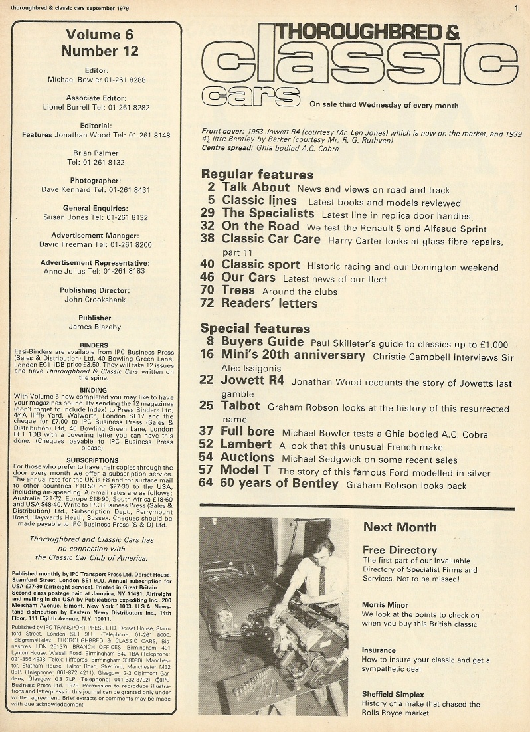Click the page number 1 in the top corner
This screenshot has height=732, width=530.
[x=515, y=7]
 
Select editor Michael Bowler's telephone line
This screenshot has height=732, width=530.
[x=97, y=80]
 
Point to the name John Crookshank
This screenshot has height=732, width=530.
[x=96, y=299]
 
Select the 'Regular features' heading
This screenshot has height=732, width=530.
[x=256, y=175]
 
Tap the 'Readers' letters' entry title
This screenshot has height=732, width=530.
[x=270, y=304]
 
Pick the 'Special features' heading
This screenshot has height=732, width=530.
[x=255, y=329]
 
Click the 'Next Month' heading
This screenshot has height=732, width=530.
[x=399, y=527]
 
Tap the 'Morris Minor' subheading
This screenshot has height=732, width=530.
[x=385, y=605]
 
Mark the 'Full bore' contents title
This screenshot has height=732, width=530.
[x=248, y=431]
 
